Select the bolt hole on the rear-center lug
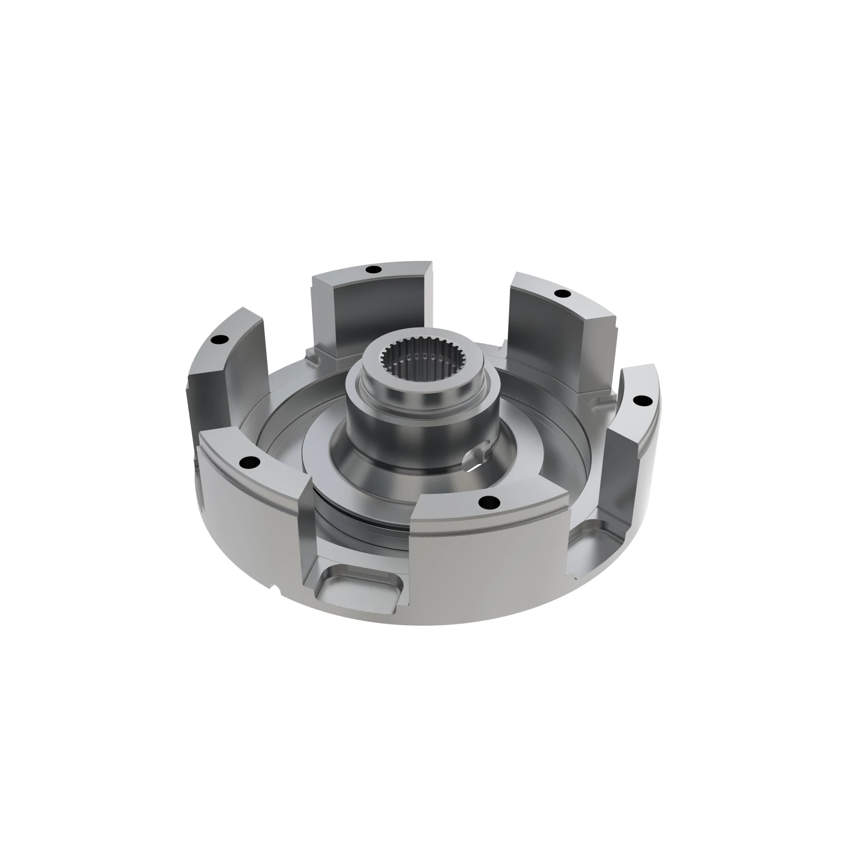pyautogui.click(x=373, y=269)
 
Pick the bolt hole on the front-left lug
pyautogui.click(x=250, y=461)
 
